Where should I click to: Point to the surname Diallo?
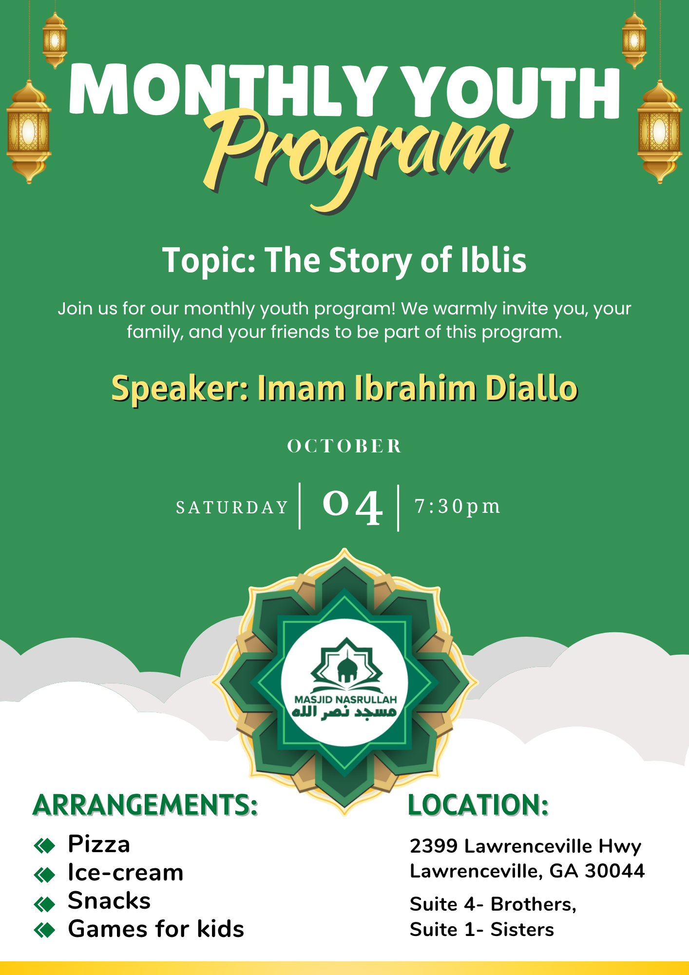point(532,388)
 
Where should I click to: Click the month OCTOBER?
point(344,446)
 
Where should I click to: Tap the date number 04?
point(352,507)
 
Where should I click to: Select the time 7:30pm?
point(457,507)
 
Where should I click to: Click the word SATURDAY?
point(232,507)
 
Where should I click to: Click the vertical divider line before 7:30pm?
point(399,508)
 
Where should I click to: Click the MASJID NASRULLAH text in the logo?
point(345,700)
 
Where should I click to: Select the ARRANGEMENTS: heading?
point(145,805)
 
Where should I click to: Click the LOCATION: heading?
point(478,805)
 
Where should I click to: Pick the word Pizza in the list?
point(99,844)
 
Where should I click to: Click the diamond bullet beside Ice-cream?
point(44,875)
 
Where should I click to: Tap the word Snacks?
point(109,900)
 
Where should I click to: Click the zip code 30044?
point(615,871)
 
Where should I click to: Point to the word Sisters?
point(522,930)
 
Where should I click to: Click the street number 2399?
point(434,846)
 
